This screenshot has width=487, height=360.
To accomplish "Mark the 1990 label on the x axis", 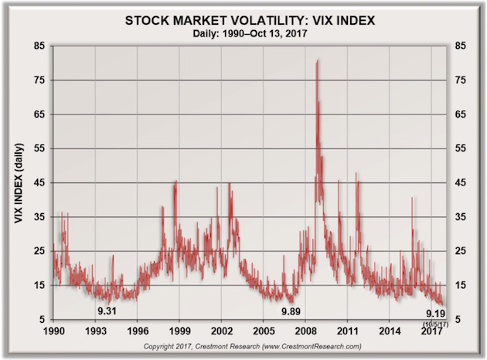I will coord(54,331).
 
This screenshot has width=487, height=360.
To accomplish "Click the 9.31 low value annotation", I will coord(107,311).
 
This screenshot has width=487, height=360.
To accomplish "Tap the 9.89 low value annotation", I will coord(291,311).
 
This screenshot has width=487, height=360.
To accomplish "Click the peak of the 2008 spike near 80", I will coord(317,60).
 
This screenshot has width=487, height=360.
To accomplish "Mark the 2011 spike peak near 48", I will coord(356,173).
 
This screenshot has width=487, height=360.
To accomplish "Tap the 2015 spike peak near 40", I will coord(412,199).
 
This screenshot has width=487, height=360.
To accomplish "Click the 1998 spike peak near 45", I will coord(175,182).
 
